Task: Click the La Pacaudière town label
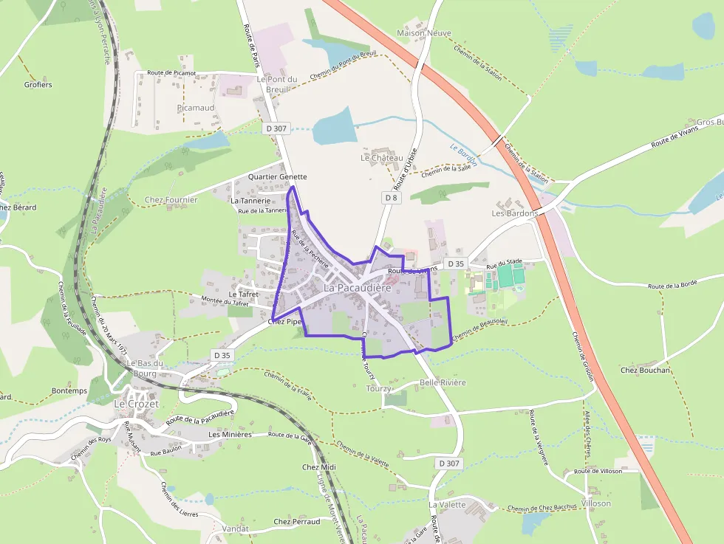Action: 357,287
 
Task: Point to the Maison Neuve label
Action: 424,33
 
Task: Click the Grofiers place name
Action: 38,85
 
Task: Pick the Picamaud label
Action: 196,108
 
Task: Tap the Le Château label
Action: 382,158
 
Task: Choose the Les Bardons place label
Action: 513,213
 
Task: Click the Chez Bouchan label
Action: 645,371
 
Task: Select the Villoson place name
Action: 596,503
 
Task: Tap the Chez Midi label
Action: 319,467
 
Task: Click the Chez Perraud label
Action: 297,522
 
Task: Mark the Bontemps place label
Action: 69,390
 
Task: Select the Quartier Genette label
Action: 277,177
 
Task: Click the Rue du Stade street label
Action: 505,262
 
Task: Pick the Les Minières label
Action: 230,435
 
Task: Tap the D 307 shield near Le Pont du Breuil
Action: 276,128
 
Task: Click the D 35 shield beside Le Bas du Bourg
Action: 222,355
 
